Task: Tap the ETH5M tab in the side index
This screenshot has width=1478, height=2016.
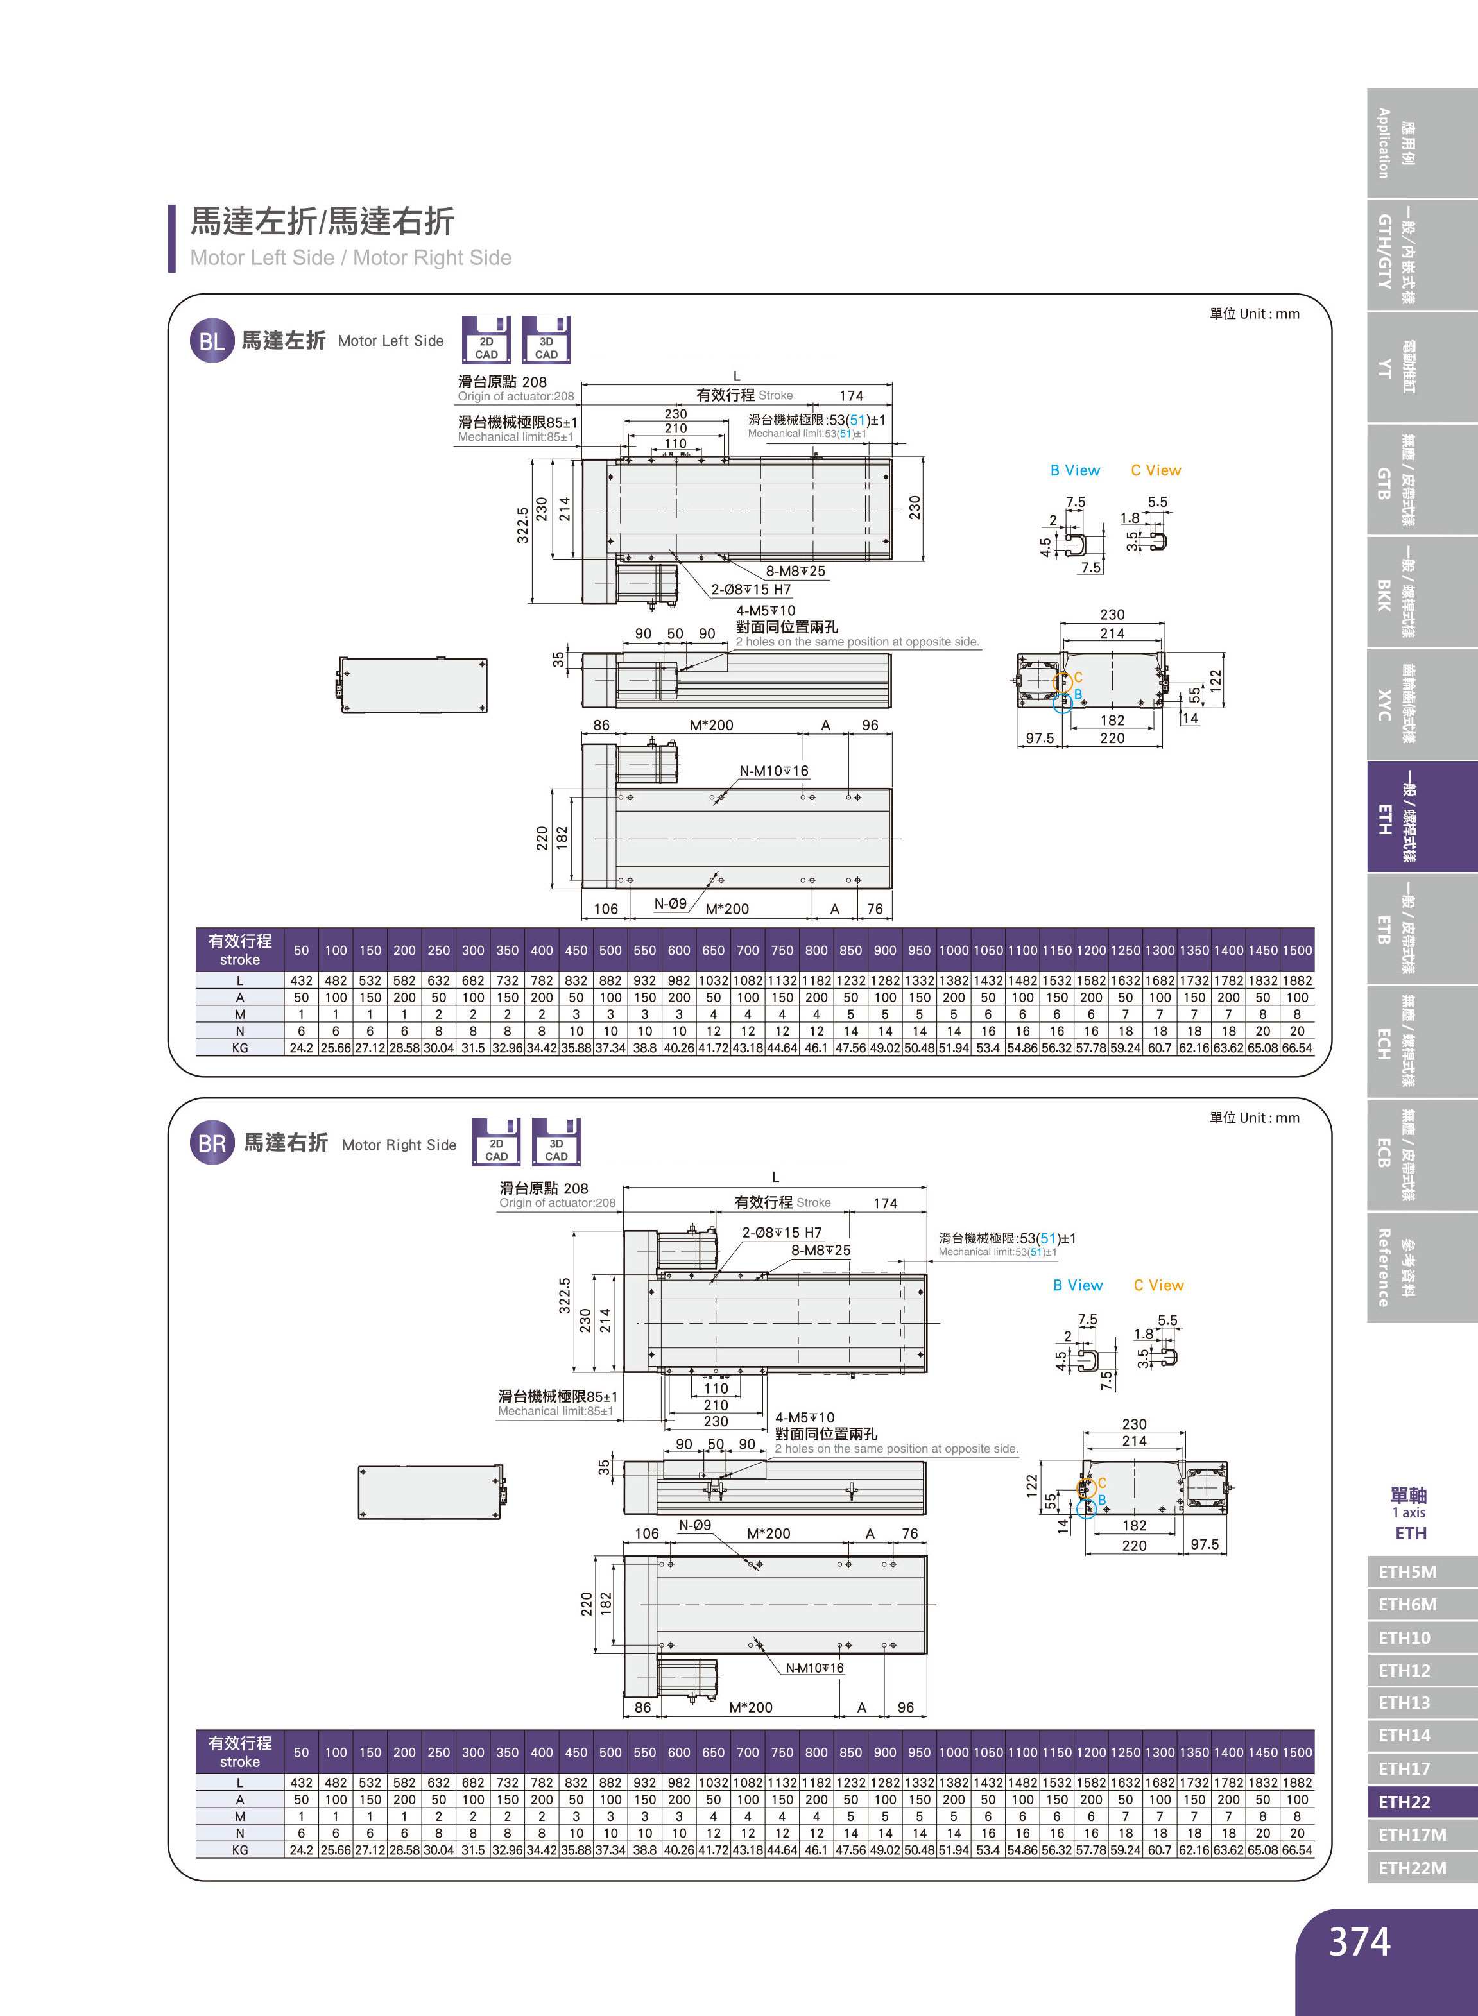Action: [1406, 1571]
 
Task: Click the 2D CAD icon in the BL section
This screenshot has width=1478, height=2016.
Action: [486, 340]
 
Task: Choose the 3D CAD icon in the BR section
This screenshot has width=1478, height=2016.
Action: [556, 1142]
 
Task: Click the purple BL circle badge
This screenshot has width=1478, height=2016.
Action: [211, 341]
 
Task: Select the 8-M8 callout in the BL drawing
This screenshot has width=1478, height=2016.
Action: [795, 570]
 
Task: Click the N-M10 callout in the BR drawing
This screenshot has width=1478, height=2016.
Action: [814, 1668]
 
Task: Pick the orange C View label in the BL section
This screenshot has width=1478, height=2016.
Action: [1155, 470]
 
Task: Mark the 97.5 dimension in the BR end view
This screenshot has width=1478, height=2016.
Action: [1204, 1544]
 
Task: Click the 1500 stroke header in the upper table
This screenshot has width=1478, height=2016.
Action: [1296, 951]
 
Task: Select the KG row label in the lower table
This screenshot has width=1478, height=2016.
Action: [240, 1850]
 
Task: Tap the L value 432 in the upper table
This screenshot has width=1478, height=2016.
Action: [302, 980]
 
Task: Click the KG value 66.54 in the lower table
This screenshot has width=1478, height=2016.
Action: [1296, 1850]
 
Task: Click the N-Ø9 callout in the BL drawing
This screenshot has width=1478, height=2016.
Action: [670, 903]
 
